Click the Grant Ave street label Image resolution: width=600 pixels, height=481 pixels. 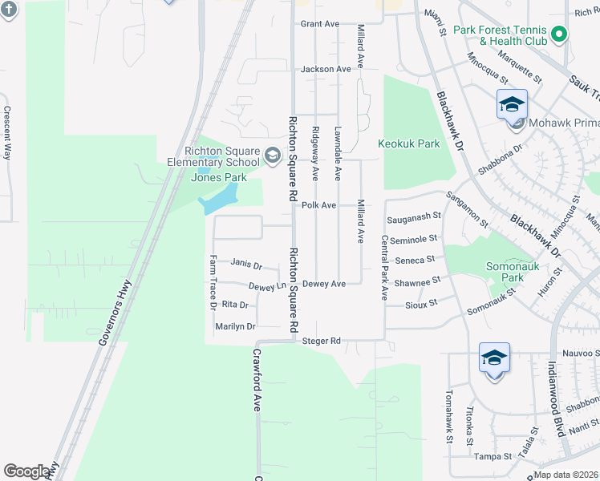[x=320, y=24]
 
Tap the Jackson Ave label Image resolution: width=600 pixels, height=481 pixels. [x=326, y=70]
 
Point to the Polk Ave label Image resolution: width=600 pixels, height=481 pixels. [x=318, y=206]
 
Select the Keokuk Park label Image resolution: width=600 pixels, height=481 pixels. [x=409, y=144]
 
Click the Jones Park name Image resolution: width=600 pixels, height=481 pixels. [x=218, y=177]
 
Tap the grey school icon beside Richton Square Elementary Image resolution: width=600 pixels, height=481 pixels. [x=272, y=154]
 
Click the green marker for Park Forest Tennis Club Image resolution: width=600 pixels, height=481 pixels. [x=560, y=34]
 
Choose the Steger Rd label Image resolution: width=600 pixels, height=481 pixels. [x=322, y=342]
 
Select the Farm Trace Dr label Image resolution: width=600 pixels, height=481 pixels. [x=213, y=283]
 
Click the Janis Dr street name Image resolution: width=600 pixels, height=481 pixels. [x=245, y=263]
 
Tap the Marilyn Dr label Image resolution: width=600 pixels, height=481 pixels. [x=235, y=327]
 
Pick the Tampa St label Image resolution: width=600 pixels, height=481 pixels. [x=493, y=457]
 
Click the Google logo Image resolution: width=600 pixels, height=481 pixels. [x=26, y=471]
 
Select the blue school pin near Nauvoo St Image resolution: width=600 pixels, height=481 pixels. [x=494, y=358]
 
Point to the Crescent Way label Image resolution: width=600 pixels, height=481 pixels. [x=6, y=133]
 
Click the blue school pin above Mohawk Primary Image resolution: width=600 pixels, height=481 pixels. [x=512, y=104]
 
